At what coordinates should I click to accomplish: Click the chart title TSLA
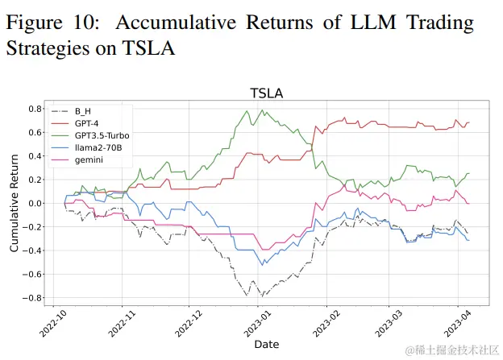[x=266, y=93]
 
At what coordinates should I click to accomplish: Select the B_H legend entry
[x=83, y=111]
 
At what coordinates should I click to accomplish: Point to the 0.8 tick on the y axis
[x=35, y=109]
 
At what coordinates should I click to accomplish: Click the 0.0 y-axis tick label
[x=35, y=203]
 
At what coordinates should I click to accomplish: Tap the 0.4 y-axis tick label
[x=35, y=155]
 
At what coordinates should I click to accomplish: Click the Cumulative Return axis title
[x=14, y=204]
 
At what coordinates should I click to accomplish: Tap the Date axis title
[x=266, y=345]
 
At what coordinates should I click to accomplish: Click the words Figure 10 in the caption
[x=53, y=22]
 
